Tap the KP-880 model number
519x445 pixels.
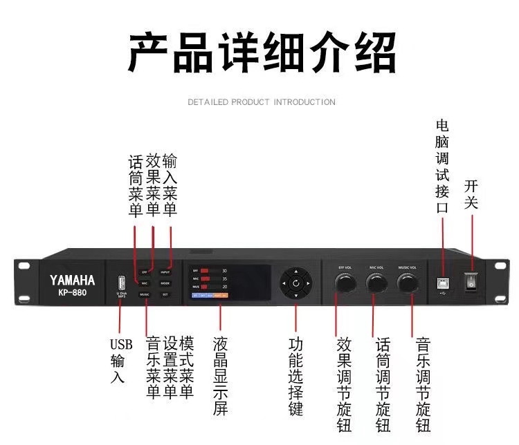tap(72, 292)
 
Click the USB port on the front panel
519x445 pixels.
tap(120, 283)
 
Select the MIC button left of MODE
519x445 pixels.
tap(145, 283)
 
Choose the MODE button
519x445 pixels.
tap(165, 283)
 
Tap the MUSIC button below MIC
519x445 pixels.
tap(145, 294)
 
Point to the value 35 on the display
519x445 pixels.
tap(225, 278)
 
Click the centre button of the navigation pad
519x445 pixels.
tap(295, 283)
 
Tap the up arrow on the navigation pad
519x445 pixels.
tap(295, 272)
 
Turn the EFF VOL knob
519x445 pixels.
tap(344, 284)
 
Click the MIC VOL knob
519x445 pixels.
tap(377, 284)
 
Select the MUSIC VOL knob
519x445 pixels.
tap(408, 284)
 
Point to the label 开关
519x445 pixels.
tap(472, 194)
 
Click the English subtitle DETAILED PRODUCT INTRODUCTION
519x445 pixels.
tap(262, 102)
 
